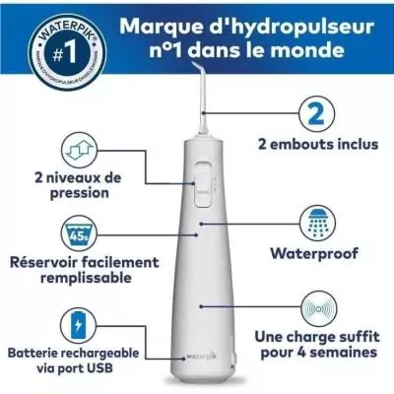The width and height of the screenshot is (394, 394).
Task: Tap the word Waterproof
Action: [317, 251]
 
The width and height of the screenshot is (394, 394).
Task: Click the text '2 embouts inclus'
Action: [317, 143]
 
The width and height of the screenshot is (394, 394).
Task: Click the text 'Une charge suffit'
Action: [317, 334]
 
